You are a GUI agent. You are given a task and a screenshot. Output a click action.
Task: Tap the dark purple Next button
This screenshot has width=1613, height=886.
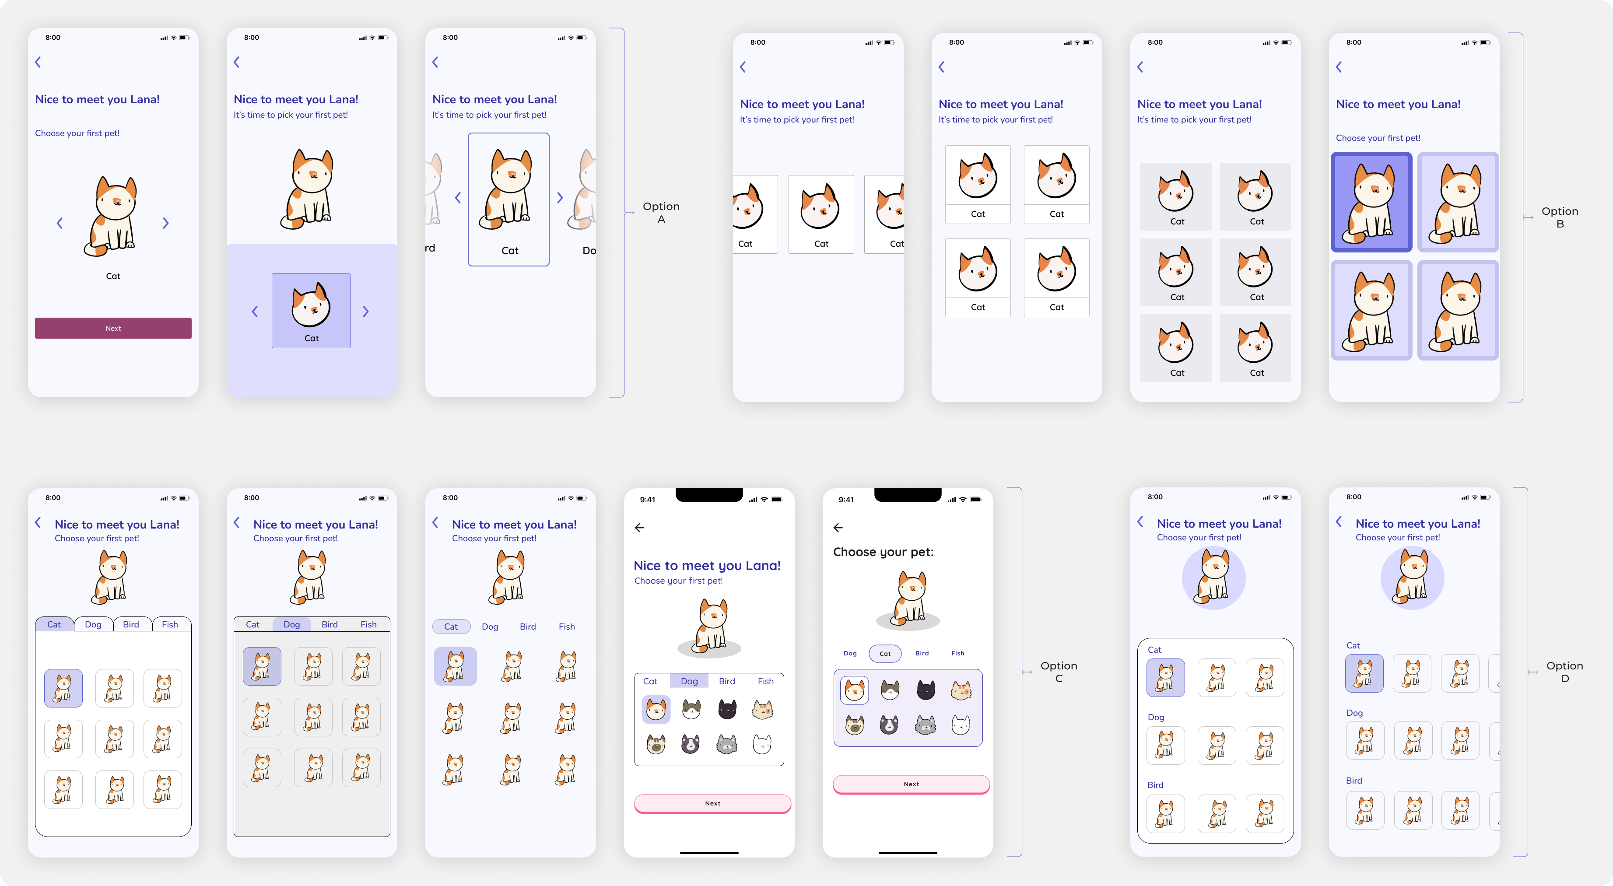pyautogui.click(x=113, y=328)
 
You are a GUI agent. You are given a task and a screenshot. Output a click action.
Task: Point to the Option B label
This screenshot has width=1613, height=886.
pyautogui.click(x=1560, y=217)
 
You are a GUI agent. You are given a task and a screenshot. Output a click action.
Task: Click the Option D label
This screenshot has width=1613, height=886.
pyautogui.click(x=1564, y=672)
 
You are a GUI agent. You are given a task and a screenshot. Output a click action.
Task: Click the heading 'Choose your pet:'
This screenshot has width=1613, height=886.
pyautogui.click(x=883, y=552)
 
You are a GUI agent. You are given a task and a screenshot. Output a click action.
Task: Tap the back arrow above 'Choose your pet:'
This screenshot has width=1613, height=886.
pyautogui.click(x=838, y=528)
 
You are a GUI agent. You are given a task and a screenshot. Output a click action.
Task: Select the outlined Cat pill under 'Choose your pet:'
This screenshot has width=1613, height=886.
pyautogui.click(x=885, y=653)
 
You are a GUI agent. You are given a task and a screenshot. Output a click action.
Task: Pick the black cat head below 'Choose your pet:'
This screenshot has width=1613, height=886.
pyautogui.click(x=926, y=690)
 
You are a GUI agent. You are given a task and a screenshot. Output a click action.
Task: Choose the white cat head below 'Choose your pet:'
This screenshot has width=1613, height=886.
pyautogui.click(x=961, y=725)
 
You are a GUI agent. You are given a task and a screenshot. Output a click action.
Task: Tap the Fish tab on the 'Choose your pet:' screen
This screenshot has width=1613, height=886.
pyautogui.click(x=957, y=653)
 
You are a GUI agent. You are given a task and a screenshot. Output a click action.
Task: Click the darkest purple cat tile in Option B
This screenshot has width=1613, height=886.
pyautogui.click(x=1371, y=202)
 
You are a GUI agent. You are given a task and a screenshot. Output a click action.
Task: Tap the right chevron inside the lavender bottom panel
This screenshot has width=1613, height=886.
pyautogui.click(x=366, y=311)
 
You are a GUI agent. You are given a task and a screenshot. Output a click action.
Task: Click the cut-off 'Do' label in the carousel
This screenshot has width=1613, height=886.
pyautogui.click(x=589, y=250)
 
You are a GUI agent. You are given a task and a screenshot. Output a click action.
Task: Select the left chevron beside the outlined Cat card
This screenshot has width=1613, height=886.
pyautogui.click(x=458, y=198)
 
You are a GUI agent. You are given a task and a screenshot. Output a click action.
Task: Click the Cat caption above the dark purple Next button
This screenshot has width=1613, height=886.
pyautogui.click(x=113, y=276)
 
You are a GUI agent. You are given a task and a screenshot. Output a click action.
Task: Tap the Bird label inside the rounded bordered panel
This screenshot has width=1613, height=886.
pyautogui.click(x=1155, y=784)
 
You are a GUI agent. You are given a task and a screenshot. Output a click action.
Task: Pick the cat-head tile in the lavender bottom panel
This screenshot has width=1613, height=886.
pyautogui.click(x=311, y=311)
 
